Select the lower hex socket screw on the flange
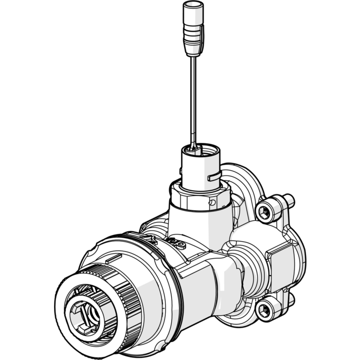(266, 309)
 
